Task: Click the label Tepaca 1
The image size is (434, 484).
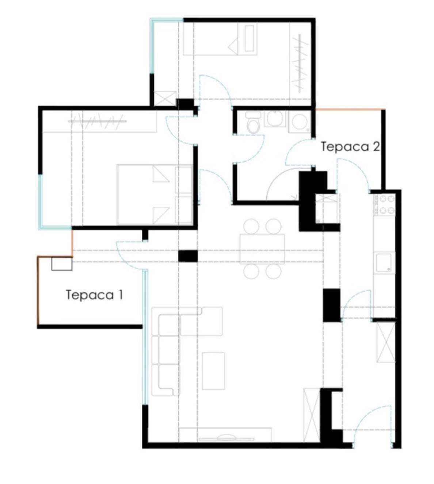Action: (94, 295)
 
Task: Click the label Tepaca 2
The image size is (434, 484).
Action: (350, 146)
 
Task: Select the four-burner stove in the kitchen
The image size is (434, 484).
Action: (385, 204)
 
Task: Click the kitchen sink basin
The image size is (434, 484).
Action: (384, 263)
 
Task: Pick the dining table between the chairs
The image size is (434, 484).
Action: (262, 249)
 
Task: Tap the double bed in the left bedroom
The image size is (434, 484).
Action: (155, 195)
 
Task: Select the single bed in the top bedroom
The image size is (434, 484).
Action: (220, 39)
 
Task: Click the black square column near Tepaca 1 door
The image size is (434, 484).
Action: (188, 256)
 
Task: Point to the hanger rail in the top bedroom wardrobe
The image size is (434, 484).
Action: (299, 63)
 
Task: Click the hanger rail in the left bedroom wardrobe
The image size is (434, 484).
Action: (97, 121)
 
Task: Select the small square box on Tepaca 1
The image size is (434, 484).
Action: (62, 264)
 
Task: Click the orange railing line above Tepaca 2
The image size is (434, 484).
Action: (350, 110)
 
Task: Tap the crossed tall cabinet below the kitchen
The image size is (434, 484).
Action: (386, 342)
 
